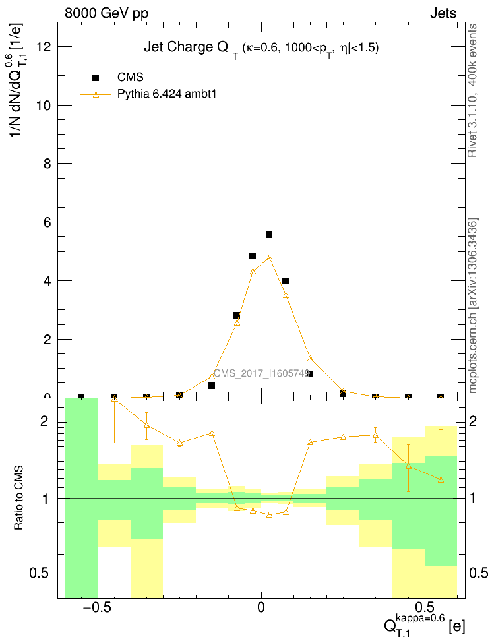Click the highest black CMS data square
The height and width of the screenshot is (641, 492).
coord(269,235)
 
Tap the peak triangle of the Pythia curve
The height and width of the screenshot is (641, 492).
coord(269,258)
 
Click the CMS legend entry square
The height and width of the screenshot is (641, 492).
coord(96,78)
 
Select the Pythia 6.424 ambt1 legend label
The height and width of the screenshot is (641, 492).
coord(167,94)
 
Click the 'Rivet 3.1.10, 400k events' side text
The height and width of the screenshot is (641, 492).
coord(472,90)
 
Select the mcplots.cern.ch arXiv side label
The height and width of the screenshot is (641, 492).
coord(472,306)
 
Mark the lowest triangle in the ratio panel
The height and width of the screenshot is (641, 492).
coord(269,514)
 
